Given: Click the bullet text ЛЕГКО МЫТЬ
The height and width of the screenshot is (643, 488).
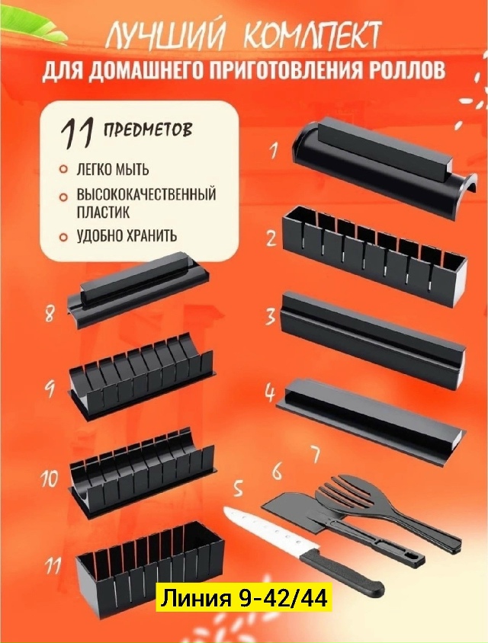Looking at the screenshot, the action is [x=113, y=169].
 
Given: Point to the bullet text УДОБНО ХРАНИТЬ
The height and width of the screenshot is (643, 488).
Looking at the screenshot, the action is [x=127, y=236].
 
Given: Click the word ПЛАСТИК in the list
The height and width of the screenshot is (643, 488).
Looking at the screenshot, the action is [x=103, y=212].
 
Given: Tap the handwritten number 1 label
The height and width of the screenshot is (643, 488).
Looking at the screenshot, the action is [x=273, y=151].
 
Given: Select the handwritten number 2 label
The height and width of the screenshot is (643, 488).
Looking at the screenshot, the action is [x=271, y=238].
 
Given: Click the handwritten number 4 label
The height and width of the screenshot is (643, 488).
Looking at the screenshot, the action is [x=270, y=393].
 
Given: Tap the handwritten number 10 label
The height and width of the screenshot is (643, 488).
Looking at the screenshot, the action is [x=50, y=478].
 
